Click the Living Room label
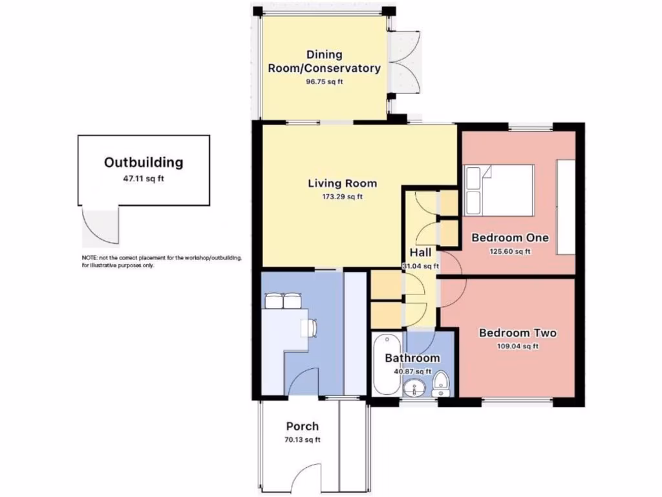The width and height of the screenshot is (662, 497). point(342,184)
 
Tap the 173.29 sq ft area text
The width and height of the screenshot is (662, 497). point(342,197)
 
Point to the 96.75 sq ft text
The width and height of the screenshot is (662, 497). point(324,82)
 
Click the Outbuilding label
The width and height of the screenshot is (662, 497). point(144,162)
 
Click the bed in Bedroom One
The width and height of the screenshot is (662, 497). point(498,190)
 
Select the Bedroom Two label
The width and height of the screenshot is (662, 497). point(517,333)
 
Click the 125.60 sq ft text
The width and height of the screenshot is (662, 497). point(510,252)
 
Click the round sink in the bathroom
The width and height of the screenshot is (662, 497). point(413,388)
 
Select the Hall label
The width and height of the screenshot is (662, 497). point(421,252)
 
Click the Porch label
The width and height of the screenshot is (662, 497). point(302,426)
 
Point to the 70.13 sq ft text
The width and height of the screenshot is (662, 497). point(302,440)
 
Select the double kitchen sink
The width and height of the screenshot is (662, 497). point(283,302)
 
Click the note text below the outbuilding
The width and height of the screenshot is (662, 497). point(162,261)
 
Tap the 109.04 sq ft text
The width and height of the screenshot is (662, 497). point(517,346)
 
